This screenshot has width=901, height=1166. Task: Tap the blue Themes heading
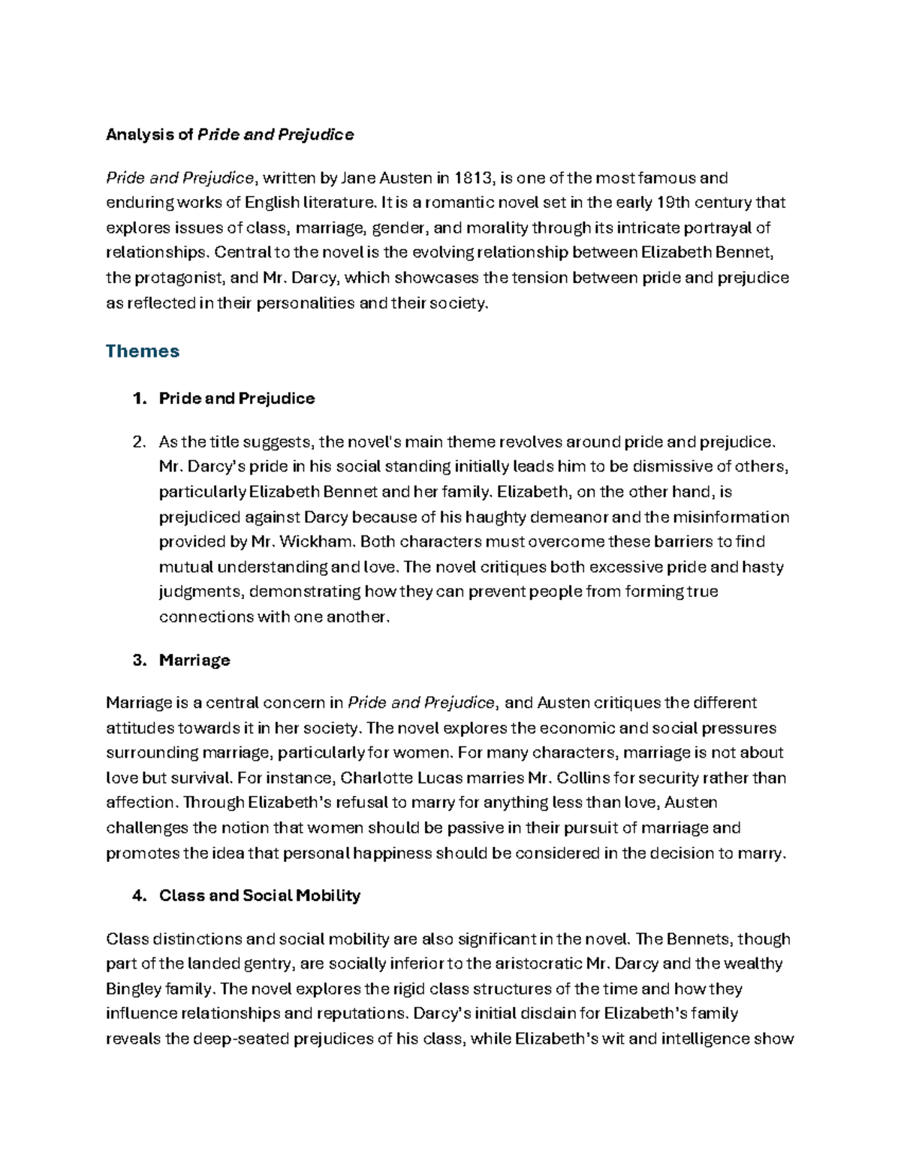click(x=143, y=351)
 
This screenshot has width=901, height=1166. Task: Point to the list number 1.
click(x=137, y=399)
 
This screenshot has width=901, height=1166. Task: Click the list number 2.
click(x=137, y=441)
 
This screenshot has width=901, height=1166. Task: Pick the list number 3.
click(x=137, y=661)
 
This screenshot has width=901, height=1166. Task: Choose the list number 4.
click(x=137, y=896)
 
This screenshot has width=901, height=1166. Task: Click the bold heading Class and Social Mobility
click(x=260, y=896)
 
